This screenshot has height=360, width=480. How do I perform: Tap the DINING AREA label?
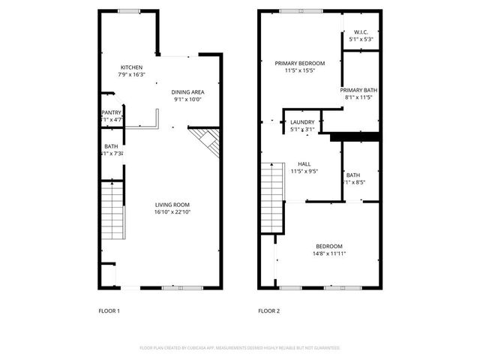pos(188,91)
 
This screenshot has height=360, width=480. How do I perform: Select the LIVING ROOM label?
pos(172,205)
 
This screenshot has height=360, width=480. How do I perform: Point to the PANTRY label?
pos(112,112)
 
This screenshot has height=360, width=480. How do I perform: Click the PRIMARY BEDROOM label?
pos(299,64)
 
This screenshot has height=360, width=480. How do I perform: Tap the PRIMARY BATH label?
pos(361,90)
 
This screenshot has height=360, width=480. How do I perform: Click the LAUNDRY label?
pos(302,121)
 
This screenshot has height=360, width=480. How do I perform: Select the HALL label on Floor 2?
pos(304,164)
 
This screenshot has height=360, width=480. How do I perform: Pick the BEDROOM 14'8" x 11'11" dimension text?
pos(329,253)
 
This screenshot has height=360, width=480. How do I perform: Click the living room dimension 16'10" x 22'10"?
pos(172,211)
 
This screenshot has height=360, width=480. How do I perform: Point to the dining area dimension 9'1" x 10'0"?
pos(188,98)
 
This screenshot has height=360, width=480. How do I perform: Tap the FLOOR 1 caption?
pos(109,310)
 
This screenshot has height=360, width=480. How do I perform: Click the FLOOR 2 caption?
pos(268,310)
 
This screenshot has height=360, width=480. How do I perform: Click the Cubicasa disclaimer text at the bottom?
pos(240,348)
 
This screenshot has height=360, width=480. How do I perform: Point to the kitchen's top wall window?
pos(129,10)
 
